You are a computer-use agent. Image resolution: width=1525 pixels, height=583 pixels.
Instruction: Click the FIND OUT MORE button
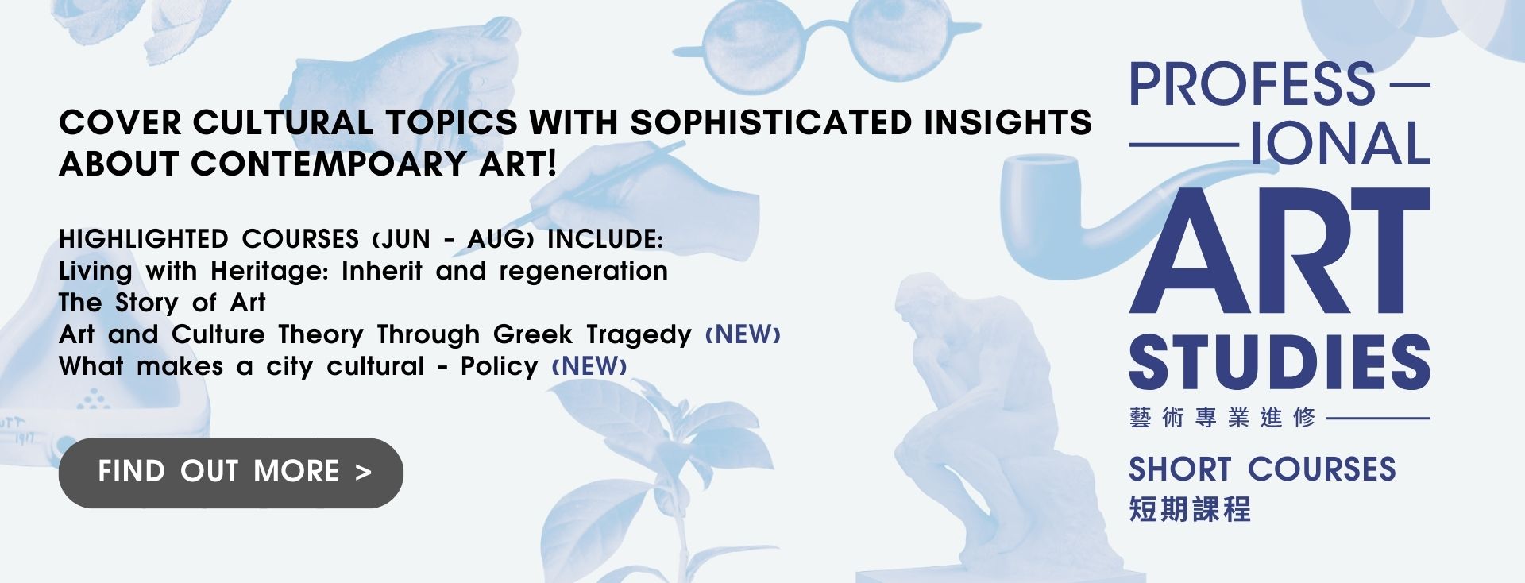pos(230,473)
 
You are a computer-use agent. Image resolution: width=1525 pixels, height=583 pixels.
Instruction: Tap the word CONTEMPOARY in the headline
pos(329,164)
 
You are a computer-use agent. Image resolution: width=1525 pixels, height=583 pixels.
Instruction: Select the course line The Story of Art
pos(162,303)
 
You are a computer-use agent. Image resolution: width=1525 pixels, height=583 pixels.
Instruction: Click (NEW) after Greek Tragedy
pos(743,334)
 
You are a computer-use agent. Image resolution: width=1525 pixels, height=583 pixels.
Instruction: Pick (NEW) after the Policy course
pos(589,366)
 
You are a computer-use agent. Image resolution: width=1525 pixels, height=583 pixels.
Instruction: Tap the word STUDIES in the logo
pos(1280,362)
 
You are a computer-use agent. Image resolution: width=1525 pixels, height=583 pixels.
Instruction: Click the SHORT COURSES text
pos(1262,469)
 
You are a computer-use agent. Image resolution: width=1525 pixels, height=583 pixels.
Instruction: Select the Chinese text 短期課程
pos(1190,509)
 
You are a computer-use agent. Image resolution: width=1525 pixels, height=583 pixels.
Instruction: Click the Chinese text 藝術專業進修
pos(1222,417)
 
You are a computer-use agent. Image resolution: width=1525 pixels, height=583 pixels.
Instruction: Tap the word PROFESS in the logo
pos(1253,84)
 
